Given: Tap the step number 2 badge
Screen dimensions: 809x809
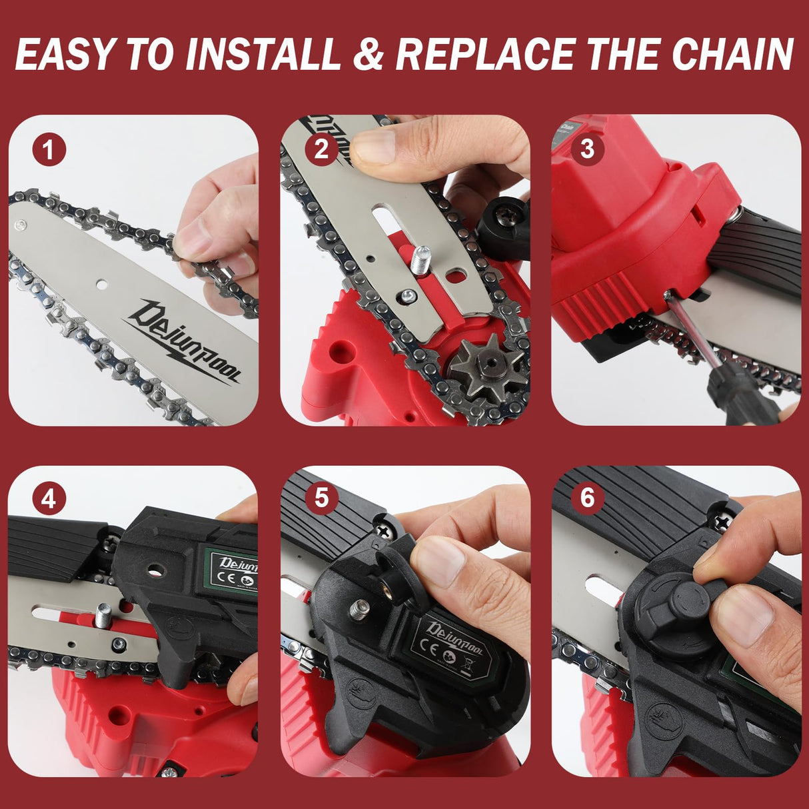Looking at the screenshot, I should pos(321,149).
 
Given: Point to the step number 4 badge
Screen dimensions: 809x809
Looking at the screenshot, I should pos(48,498).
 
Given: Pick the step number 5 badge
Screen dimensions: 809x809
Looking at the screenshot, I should pos(321,498).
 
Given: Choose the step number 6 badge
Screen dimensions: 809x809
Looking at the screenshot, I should pos(586,498).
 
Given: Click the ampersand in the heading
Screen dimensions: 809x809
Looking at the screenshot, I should pos(369,55).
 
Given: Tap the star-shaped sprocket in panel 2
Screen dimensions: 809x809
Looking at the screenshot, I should pos(477,368).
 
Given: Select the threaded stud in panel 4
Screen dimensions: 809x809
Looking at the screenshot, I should pos(103,614).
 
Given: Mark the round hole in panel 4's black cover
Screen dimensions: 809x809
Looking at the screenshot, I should pos(157,571).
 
